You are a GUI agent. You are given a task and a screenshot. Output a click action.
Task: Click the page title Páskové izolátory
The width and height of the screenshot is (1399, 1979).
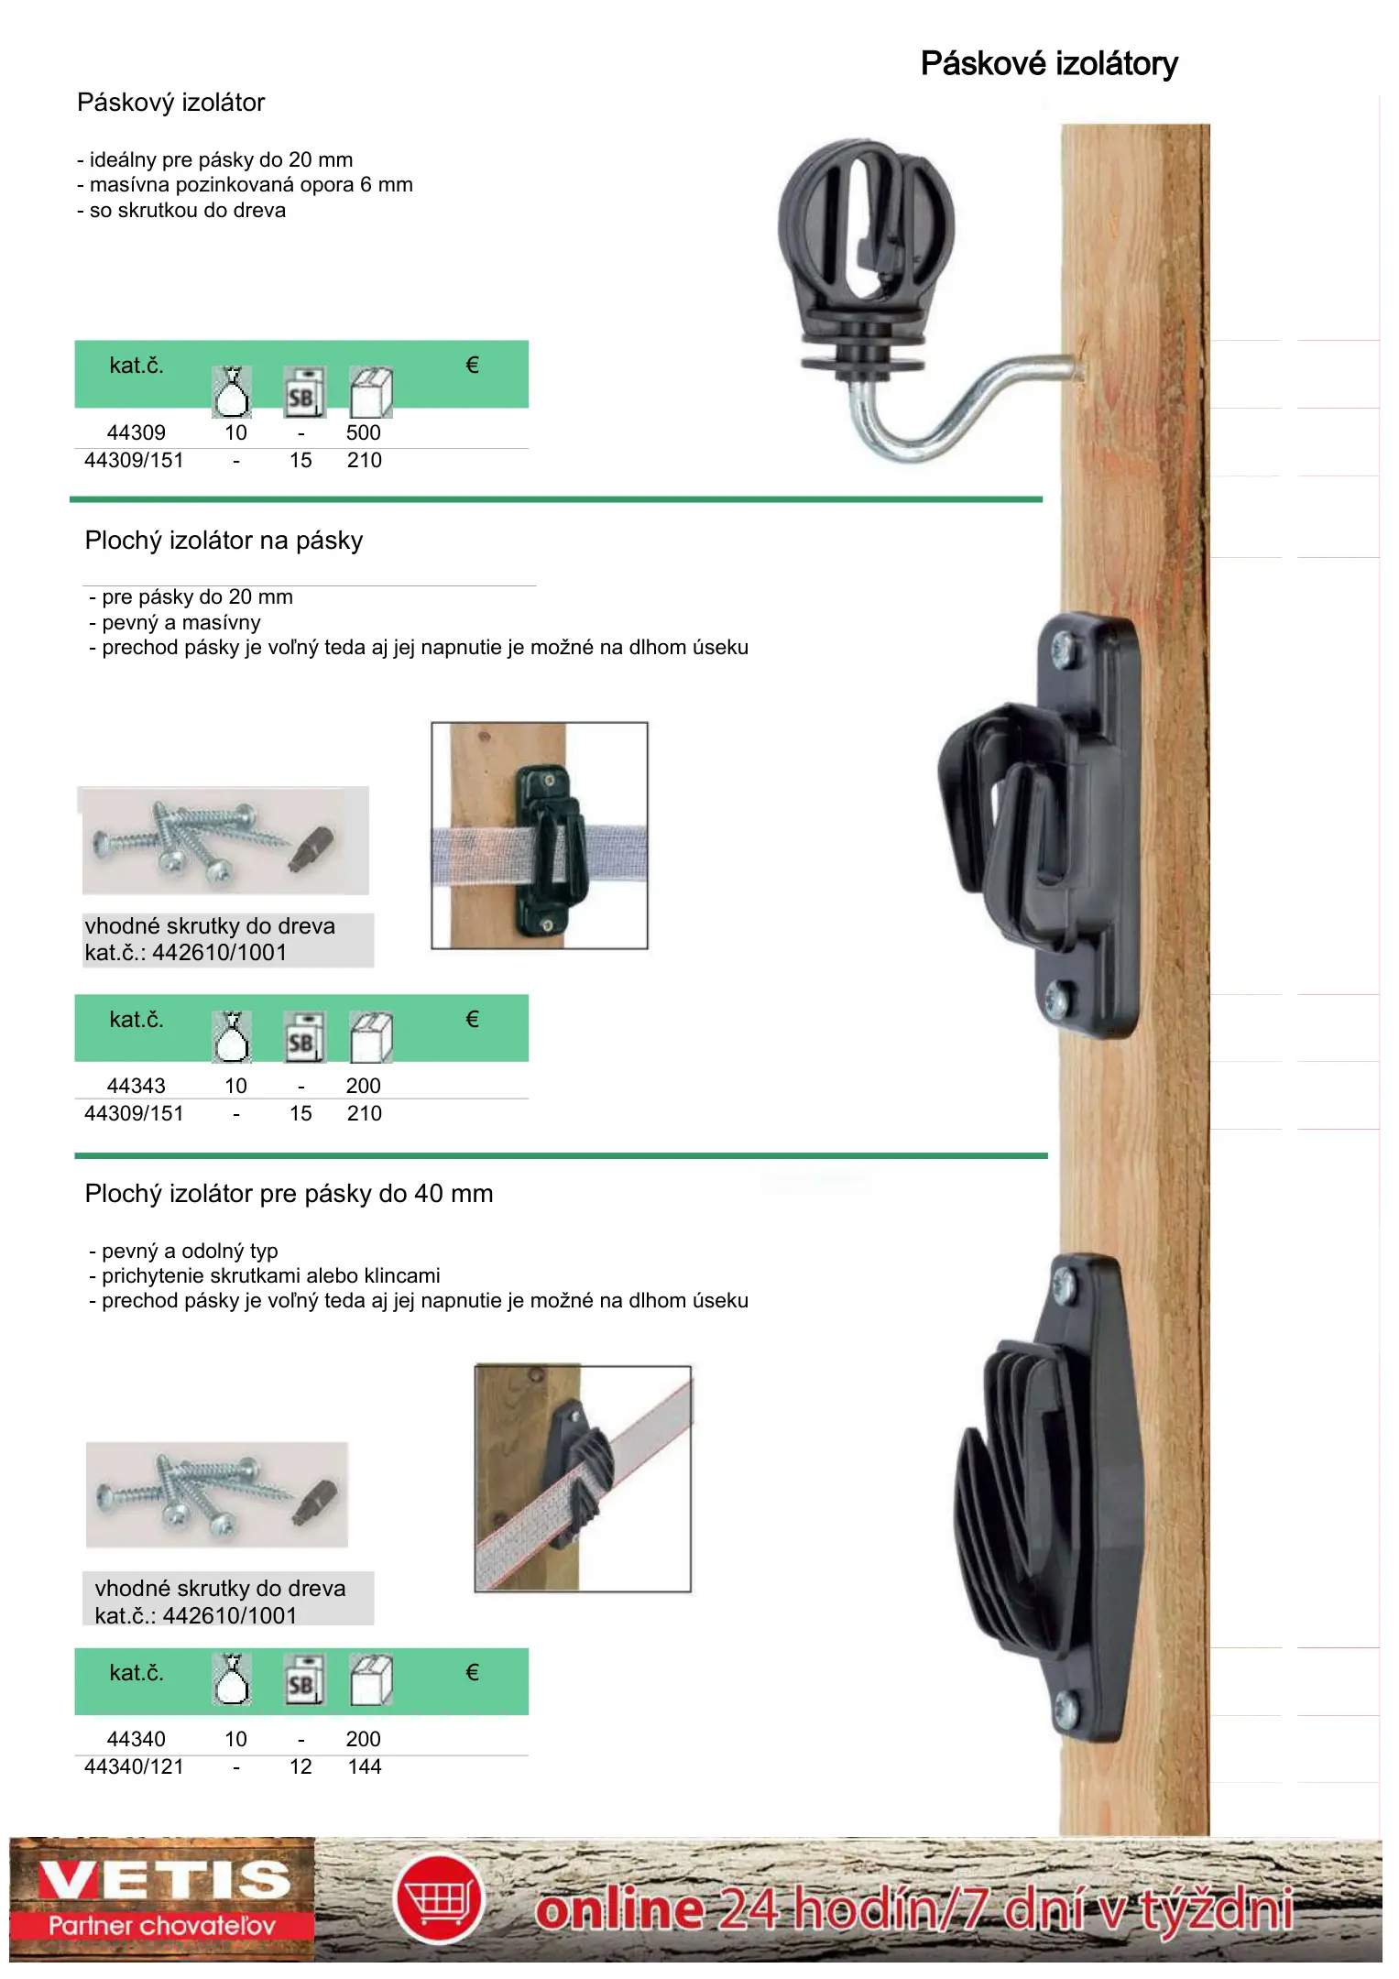pyautogui.click(x=1049, y=64)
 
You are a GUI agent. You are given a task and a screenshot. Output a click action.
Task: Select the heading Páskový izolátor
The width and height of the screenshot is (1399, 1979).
pyautogui.click(x=171, y=103)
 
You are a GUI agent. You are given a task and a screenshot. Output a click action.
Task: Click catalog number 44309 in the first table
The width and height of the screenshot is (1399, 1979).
pyautogui.click(x=137, y=432)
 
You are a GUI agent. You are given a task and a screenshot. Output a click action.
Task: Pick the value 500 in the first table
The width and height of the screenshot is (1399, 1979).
pyautogui.click(x=364, y=432)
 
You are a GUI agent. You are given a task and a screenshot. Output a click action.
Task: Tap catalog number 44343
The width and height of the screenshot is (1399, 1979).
pyautogui.click(x=137, y=1086)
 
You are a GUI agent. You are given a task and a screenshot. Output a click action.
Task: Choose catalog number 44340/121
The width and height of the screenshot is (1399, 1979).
pyautogui.click(x=134, y=1766)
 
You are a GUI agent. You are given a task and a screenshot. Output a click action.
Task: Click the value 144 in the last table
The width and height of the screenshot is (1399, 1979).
pyautogui.click(x=365, y=1766)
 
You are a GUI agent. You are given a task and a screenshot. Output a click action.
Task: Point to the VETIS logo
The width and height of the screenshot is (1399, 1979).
pyautogui.click(x=163, y=1898)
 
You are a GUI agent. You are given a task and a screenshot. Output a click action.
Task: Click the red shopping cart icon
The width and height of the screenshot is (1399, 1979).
pyautogui.click(x=439, y=1899)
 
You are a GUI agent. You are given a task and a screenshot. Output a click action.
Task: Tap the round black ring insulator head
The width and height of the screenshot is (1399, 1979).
pyautogui.click(x=865, y=229)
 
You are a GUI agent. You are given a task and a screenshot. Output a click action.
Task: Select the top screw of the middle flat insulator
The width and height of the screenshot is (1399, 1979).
pyautogui.click(x=1062, y=651)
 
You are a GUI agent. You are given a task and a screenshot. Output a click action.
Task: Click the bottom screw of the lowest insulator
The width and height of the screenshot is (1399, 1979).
pyautogui.click(x=1067, y=1707)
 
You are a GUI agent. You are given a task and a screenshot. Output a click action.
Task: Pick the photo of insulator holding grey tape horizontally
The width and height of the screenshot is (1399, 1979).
pyautogui.click(x=540, y=836)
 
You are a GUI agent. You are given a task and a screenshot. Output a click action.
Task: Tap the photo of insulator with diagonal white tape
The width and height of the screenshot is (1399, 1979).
pyautogui.click(x=583, y=1479)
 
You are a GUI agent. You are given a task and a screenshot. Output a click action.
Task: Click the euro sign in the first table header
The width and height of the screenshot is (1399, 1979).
pyautogui.click(x=472, y=366)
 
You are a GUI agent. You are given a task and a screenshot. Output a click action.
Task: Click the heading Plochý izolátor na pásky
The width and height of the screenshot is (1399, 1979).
pyautogui.click(x=224, y=541)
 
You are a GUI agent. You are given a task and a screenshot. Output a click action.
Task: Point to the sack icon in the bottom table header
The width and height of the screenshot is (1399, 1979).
pyautogui.click(x=232, y=1679)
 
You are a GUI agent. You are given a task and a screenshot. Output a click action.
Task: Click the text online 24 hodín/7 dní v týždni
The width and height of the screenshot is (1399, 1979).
pyautogui.click(x=914, y=1910)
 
